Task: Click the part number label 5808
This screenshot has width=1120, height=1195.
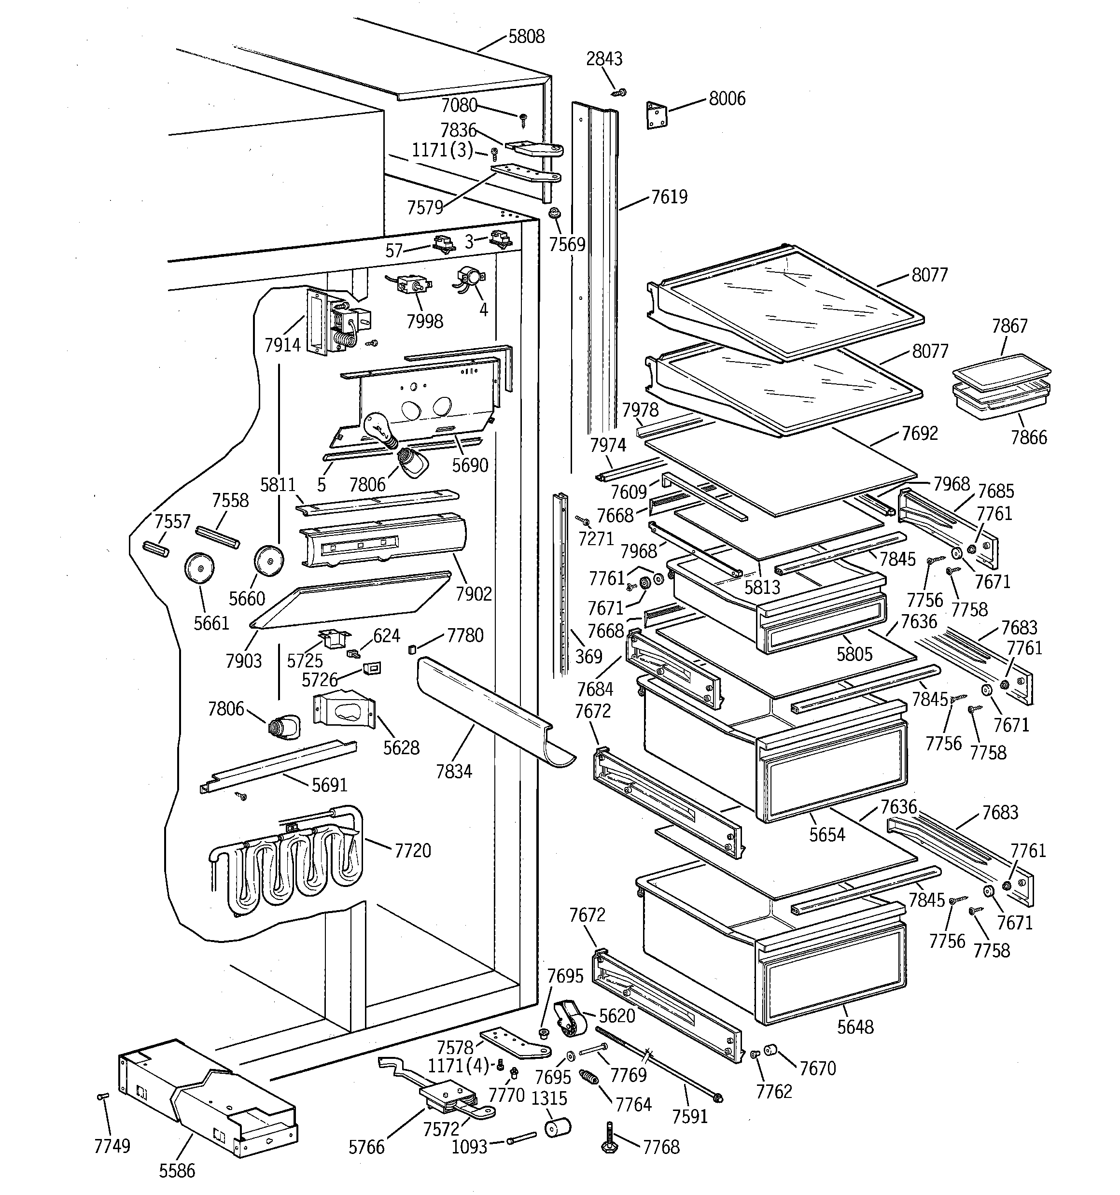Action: pos(526,37)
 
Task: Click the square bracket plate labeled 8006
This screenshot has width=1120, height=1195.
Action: pos(657,115)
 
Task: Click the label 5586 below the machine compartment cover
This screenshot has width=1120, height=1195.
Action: pos(177,1170)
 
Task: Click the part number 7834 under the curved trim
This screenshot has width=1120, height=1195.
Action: pos(454,771)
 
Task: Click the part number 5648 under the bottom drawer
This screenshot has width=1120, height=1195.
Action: pos(855,1026)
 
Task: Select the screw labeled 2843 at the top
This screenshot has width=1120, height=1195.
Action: pos(618,92)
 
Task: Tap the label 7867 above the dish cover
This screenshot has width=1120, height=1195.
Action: pos(1009,326)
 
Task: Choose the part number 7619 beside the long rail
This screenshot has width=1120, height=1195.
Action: pos(669,197)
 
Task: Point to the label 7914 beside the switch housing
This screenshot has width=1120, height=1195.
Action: pos(282,345)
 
